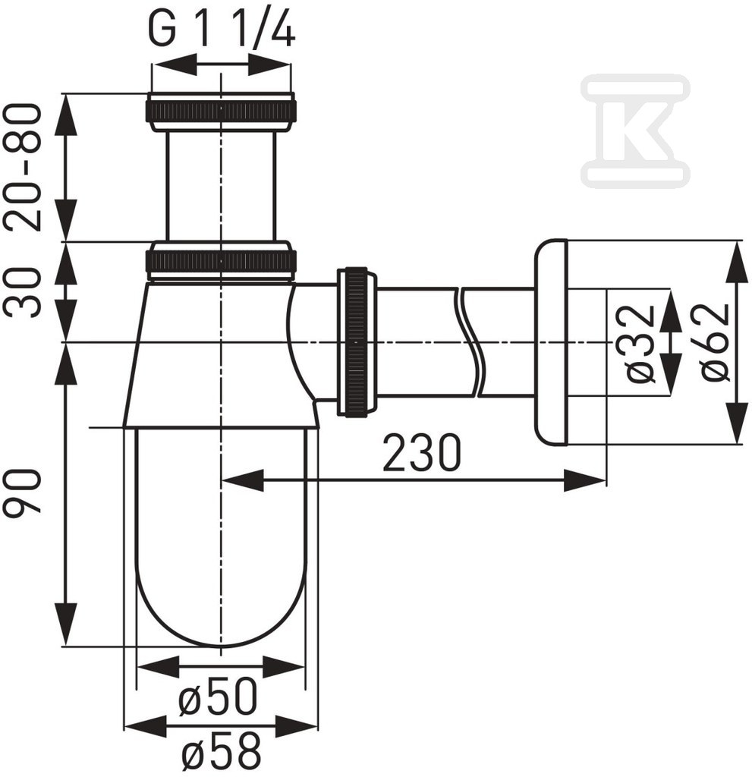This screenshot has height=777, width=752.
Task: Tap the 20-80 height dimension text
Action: click(x=22, y=167)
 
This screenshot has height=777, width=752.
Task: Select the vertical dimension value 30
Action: click(x=22, y=292)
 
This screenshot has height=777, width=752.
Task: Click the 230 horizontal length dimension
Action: click(x=422, y=452)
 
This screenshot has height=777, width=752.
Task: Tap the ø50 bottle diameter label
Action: click(x=218, y=697)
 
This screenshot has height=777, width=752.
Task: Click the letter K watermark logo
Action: click(x=635, y=131)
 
